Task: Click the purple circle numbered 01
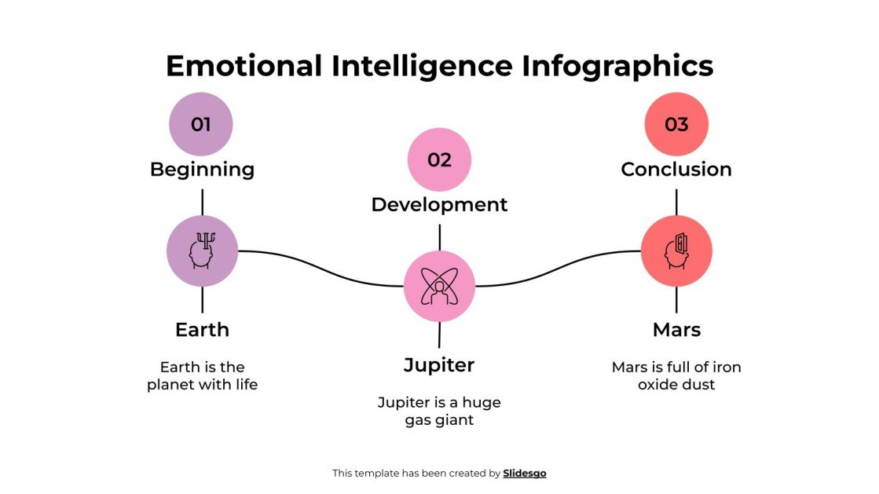pyautogui.click(x=201, y=124)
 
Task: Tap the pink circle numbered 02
pyautogui.click(x=439, y=159)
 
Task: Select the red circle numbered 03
pyautogui.click(x=676, y=124)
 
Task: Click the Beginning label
pyautogui.click(x=202, y=169)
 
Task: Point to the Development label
pyautogui.click(x=439, y=204)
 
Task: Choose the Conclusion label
pyautogui.click(x=676, y=169)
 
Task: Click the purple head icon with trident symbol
pyautogui.click(x=202, y=251)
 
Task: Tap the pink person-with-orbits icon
pyautogui.click(x=439, y=286)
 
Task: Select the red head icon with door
pyautogui.click(x=676, y=251)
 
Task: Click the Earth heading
pyautogui.click(x=202, y=329)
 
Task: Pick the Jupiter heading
pyautogui.click(x=439, y=364)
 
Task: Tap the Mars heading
pyautogui.click(x=676, y=329)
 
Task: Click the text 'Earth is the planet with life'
pyautogui.click(x=202, y=375)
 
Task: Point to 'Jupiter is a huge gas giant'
pyautogui.click(x=439, y=411)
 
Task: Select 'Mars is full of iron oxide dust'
pyautogui.click(x=676, y=375)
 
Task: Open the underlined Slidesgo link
pyautogui.click(x=524, y=473)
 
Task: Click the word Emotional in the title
pyautogui.click(x=244, y=65)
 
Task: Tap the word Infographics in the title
pyautogui.click(x=617, y=65)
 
